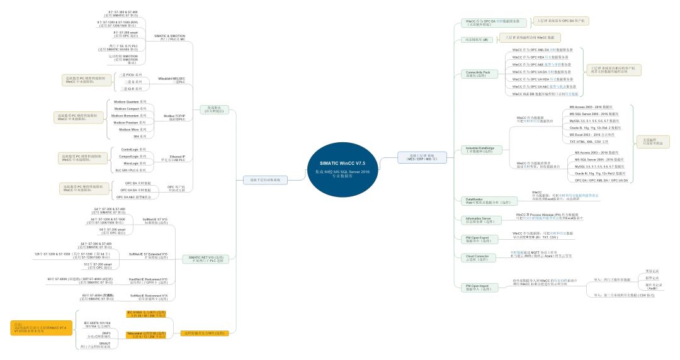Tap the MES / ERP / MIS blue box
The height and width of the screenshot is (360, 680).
pyautogui.click(x=422, y=157)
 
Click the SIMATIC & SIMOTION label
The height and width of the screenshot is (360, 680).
pyautogui.click(x=169, y=38)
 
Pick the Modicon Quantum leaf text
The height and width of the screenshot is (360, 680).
pyautogui.click(x=130, y=101)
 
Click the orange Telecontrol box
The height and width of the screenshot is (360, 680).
pyautogui.click(x=146, y=334)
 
